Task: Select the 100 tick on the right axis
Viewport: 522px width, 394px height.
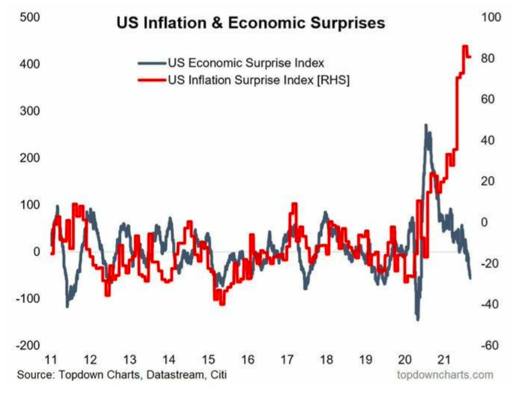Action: point(491,17)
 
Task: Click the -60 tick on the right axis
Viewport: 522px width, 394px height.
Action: point(491,345)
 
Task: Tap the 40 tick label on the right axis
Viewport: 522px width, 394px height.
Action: point(491,140)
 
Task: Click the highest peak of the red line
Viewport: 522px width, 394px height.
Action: point(465,46)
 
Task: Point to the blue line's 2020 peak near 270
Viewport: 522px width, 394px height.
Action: point(426,125)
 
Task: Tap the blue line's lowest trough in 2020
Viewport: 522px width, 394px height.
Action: point(418,319)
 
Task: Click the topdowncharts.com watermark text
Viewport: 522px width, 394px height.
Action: point(445,375)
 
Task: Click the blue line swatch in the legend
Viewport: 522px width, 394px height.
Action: point(151,62)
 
